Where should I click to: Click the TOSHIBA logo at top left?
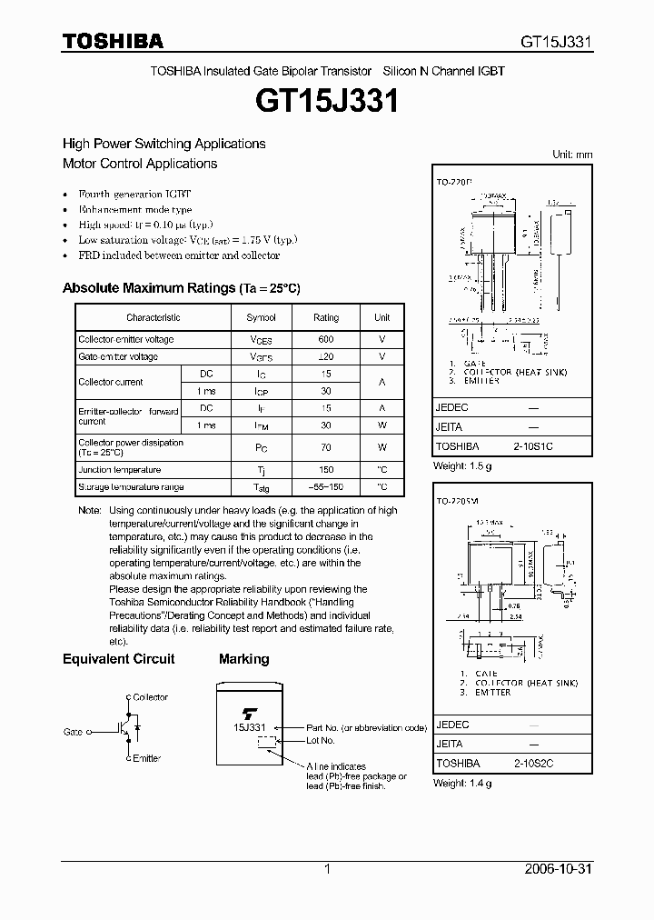pos(113,41)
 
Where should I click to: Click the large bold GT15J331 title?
pos(327,102)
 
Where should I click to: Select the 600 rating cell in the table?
pos(325,339)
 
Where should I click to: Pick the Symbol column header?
pos(261,317)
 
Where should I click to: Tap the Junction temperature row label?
pos(119,470)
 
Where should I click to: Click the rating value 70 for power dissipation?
pos(325,447)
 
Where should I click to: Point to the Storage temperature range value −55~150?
pos(325,487)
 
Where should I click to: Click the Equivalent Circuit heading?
pos(118,658)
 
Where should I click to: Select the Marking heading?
pos(243,658)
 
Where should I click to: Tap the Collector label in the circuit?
pos(150,697)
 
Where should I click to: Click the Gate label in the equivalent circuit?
pos(74,731)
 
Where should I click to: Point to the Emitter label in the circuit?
pos(146,758)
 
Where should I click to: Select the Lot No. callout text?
pos(322,741)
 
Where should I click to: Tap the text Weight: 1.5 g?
pos(464,465)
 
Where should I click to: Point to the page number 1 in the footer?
pos(327,869)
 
